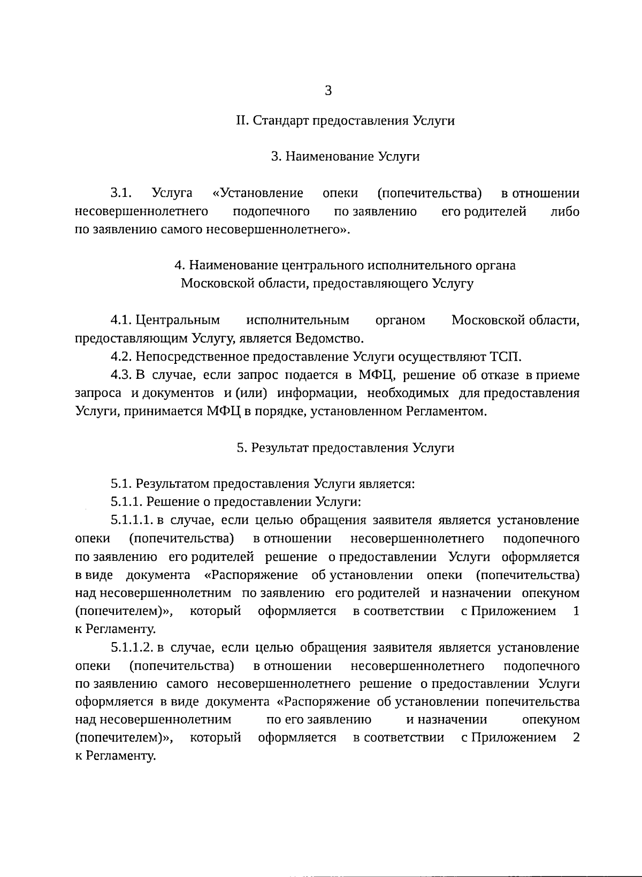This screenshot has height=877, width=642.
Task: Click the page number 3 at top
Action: [328, 90]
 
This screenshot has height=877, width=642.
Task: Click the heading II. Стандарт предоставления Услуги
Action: [346, 120]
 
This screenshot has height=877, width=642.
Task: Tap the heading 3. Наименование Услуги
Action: [346, 156]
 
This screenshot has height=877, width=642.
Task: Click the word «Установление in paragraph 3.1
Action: [258, 193]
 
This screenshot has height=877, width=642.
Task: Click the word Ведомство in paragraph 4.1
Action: [335, 338]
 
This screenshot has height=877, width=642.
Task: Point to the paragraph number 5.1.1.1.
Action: [132, 520]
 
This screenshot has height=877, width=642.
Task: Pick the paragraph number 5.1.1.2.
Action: [132, 648]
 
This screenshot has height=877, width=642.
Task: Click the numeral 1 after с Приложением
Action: [576, 611]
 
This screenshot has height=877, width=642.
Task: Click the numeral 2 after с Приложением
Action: [576, 738]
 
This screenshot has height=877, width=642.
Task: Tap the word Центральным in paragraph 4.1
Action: [178, 320]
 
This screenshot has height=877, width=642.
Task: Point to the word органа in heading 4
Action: [495, 265]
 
